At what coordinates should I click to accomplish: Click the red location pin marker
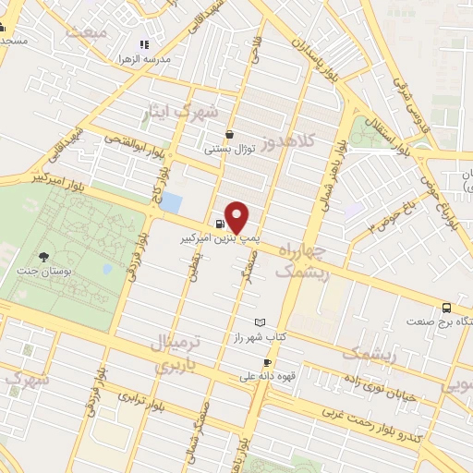coord(237,216)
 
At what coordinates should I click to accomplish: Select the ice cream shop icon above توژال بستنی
coord(228,134)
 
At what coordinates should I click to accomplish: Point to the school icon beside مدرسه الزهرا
coord(143,44)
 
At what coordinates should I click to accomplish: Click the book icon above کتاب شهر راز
coord(260,322)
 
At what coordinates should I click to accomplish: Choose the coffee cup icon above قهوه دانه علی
coord(267,363)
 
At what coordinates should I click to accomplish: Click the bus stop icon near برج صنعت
coord(447,308)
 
